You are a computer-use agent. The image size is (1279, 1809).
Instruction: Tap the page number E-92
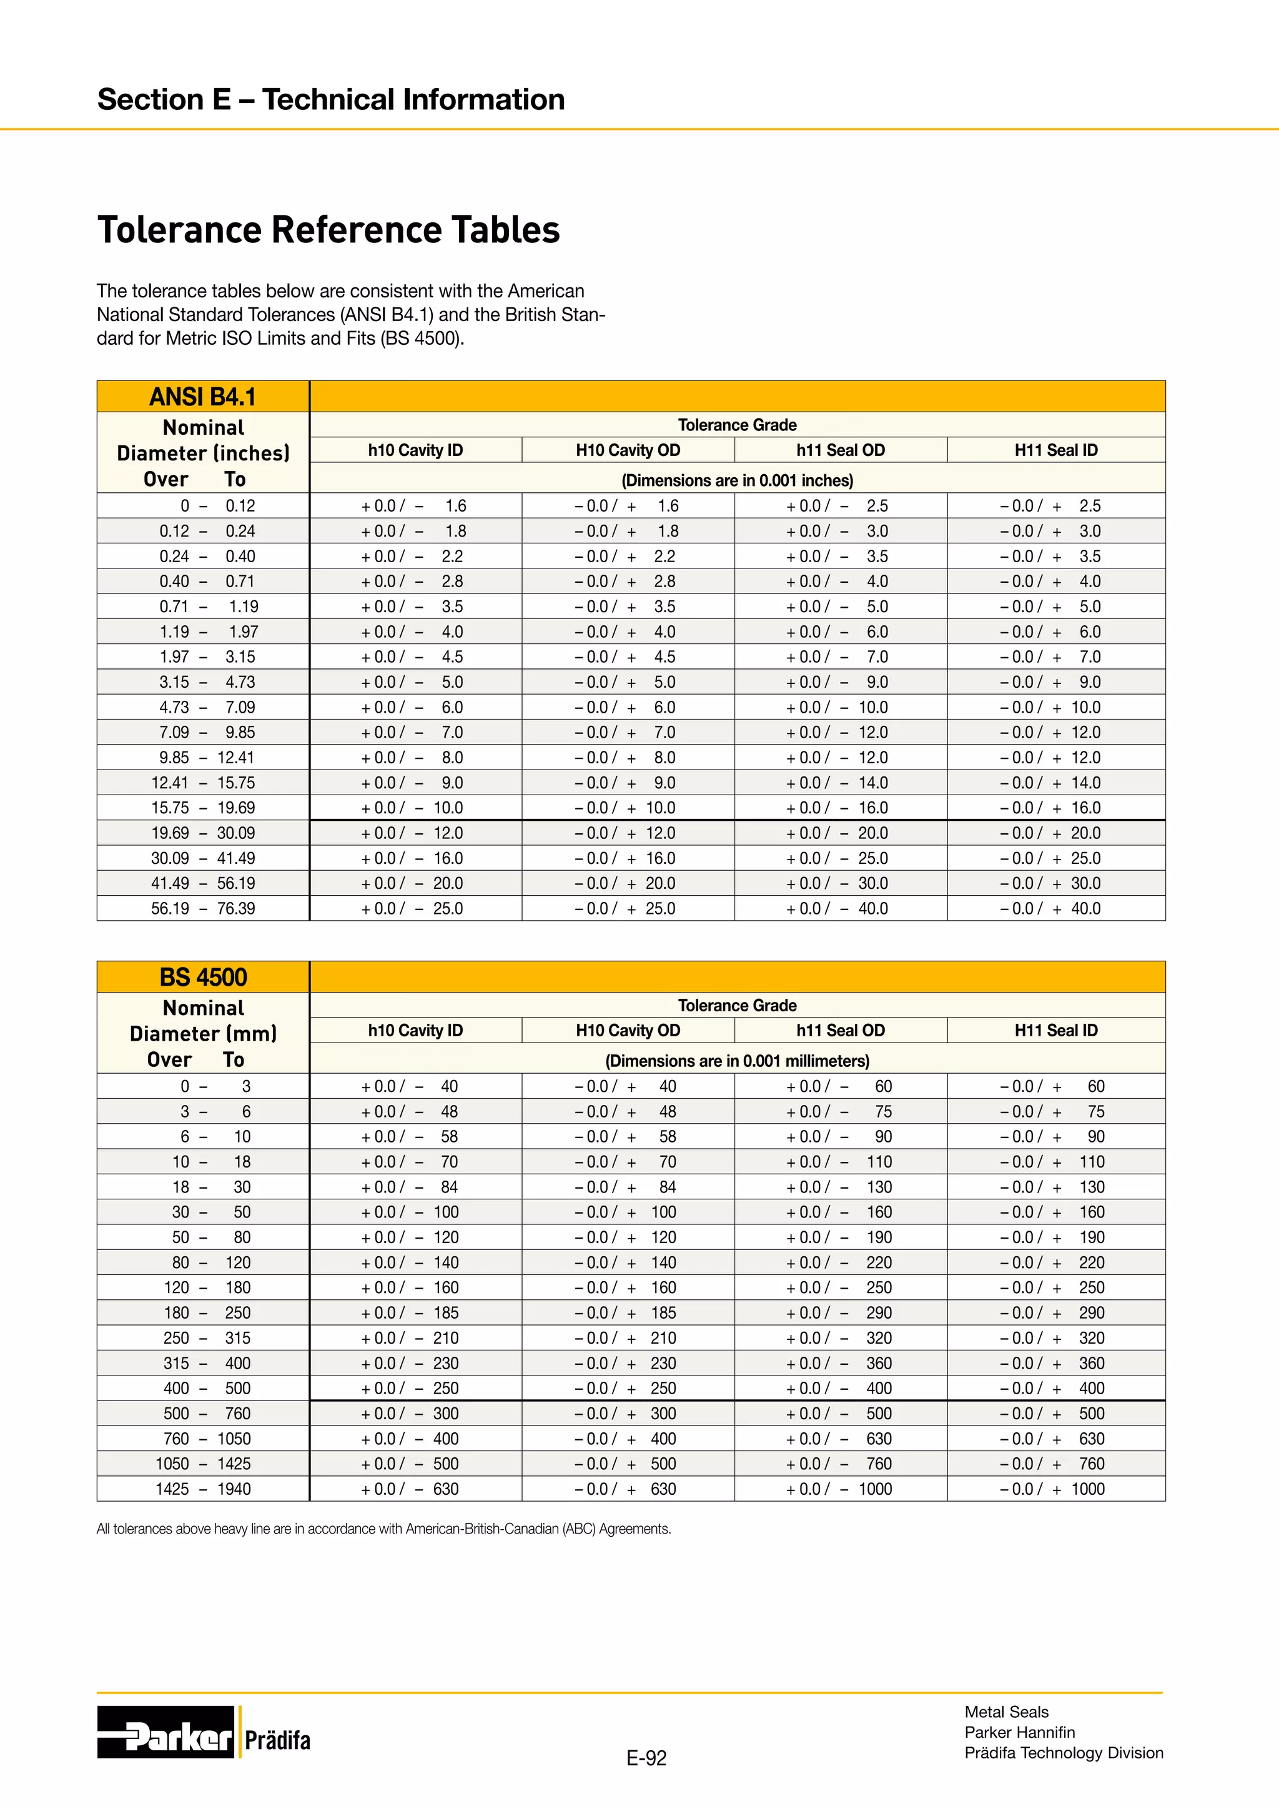646,1758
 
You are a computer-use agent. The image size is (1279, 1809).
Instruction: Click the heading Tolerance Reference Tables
328,230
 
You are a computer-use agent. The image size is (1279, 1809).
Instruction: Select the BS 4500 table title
203,977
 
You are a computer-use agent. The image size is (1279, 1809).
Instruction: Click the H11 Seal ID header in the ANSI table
1055,450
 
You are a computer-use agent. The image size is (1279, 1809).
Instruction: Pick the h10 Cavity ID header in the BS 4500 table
415,1031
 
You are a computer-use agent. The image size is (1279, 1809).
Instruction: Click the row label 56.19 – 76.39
203,908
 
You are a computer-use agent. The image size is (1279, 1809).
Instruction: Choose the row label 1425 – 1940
203,1489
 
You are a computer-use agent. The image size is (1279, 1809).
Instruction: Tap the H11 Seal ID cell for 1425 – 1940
1055,1489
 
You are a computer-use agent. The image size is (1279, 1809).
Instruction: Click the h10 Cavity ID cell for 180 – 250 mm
415,1312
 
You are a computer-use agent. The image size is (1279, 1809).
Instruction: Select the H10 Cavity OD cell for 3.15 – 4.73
628,682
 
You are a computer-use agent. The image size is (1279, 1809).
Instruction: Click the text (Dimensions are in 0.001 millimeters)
737,1061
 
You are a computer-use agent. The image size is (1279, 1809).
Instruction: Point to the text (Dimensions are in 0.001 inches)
737,480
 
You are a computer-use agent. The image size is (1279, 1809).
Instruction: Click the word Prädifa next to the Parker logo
277,1740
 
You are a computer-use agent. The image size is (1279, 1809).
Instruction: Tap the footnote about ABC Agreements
383,1529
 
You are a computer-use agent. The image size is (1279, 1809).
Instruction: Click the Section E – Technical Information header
331,99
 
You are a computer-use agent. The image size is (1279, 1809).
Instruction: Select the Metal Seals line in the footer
1007,1712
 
